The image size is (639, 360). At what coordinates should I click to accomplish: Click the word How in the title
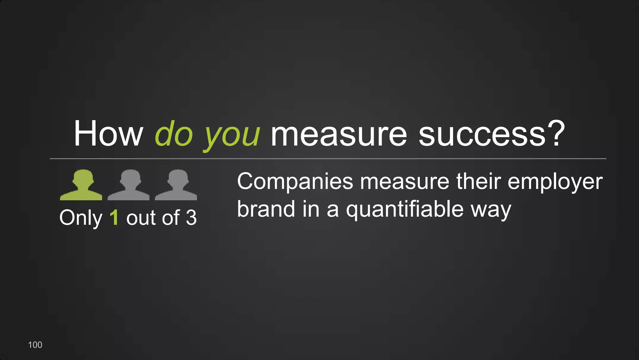click(x=108, y=134)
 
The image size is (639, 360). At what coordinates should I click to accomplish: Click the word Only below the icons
click(x=81, y=218)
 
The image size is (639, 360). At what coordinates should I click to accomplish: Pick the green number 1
click(x=114, y=217)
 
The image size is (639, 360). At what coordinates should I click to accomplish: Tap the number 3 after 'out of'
click(x=191, y=217)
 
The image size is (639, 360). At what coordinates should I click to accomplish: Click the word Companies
click(x=295, y=182)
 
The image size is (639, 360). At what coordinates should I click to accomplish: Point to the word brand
click(x=266, y=209)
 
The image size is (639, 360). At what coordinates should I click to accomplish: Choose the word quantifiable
click(x=405, y=210)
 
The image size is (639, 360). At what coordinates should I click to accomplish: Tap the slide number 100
click(x=35, y=345)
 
